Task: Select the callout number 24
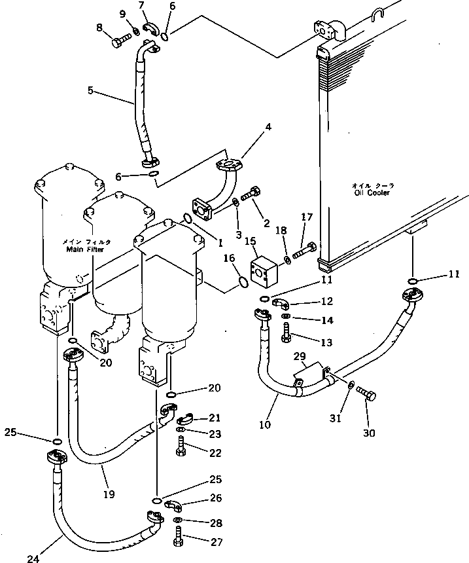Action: (x=33, y=558)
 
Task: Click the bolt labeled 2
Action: (x=252, y=194)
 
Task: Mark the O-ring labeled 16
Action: (x=241, y=281)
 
